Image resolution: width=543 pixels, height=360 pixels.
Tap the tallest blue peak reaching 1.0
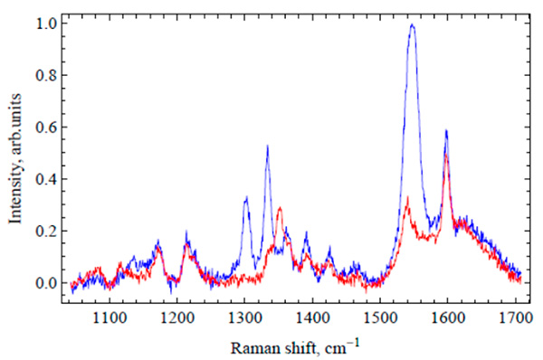coord(412,24)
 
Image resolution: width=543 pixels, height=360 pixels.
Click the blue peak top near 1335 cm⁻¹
coord(267,147)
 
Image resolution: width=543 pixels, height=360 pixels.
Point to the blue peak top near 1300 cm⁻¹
coord(245,198)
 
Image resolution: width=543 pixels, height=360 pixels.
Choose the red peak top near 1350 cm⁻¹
coord(280,208)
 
